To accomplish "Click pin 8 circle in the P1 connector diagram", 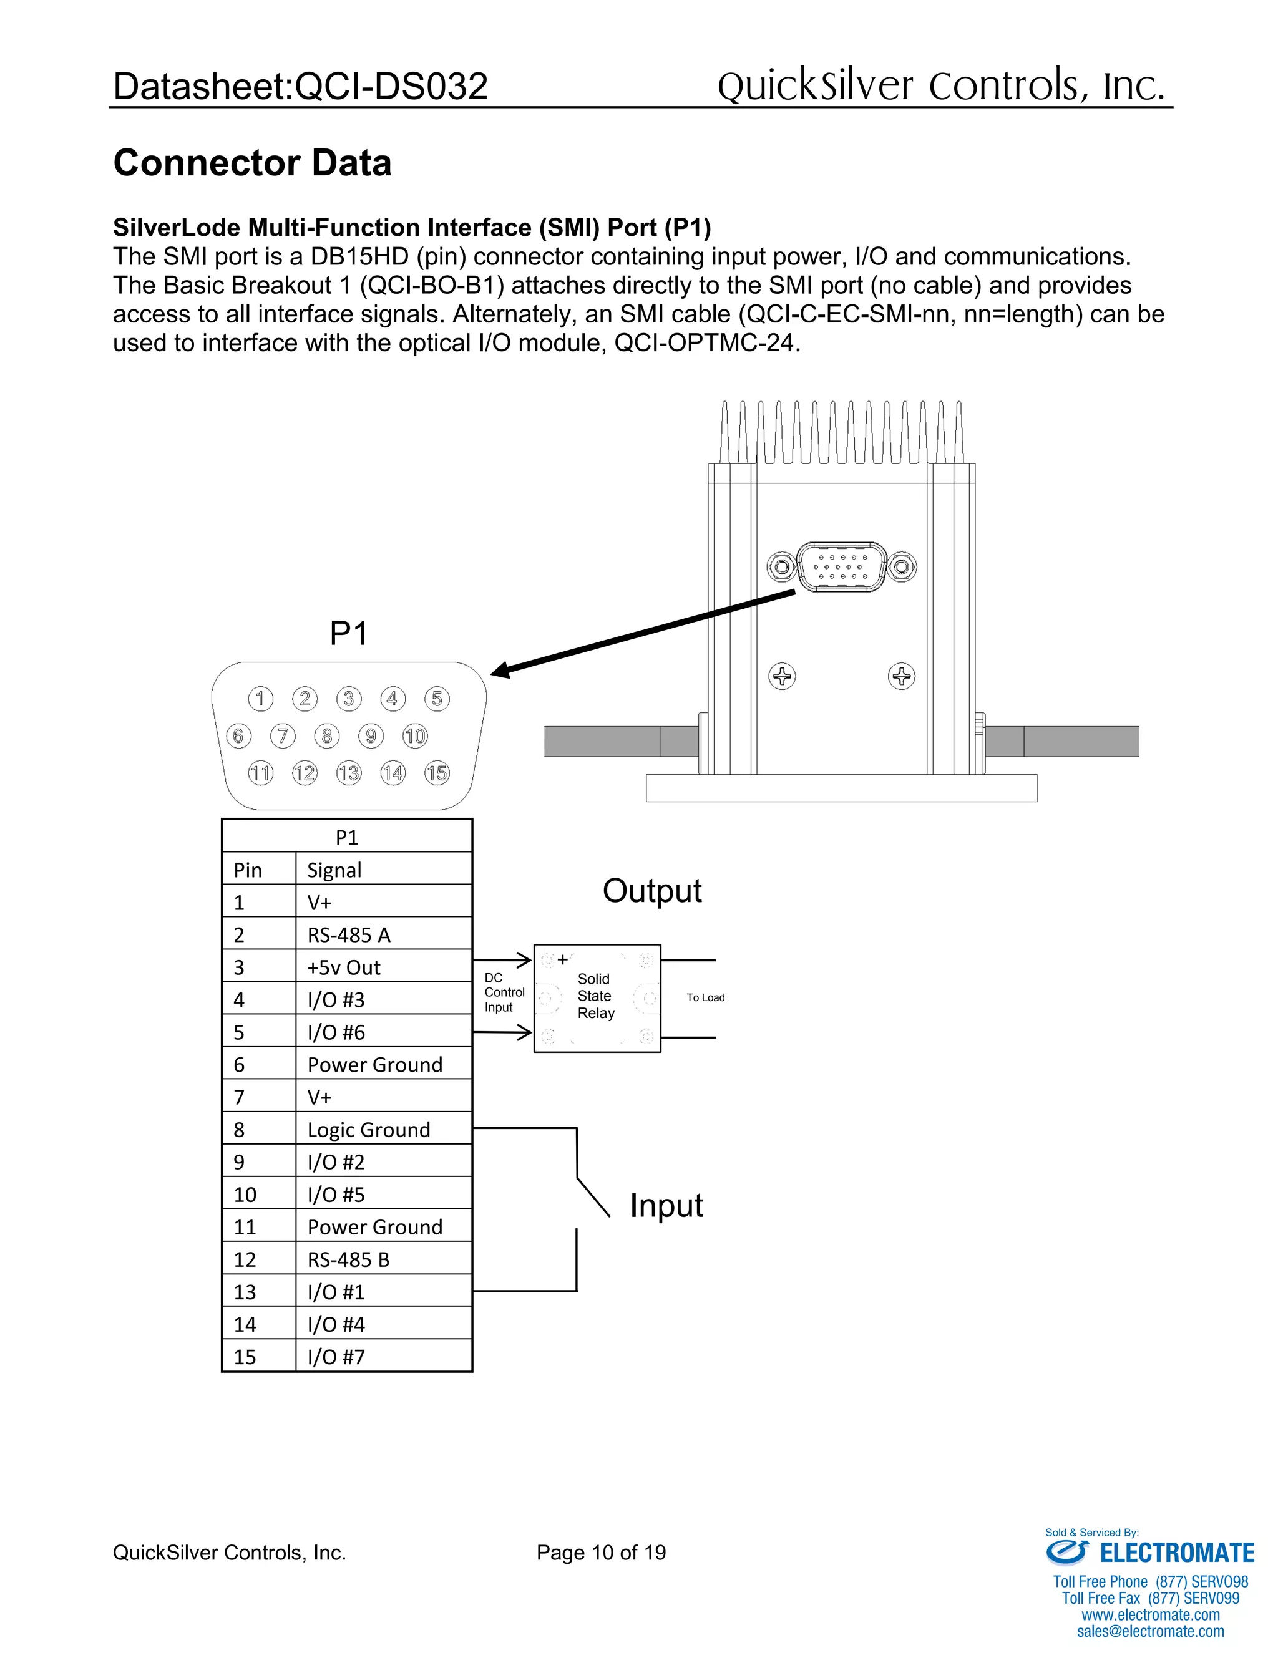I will [326, 735].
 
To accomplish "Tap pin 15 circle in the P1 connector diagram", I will [437, 773].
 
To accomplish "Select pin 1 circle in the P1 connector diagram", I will [260, 698].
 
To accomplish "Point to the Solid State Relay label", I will [595, 996].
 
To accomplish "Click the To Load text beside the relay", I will [705, 997].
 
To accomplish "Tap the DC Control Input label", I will [504, 992].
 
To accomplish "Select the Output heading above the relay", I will [652, 891].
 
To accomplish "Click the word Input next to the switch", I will [666, 1206].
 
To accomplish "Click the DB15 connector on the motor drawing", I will [841, 566].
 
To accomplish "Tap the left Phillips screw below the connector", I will [782, 676].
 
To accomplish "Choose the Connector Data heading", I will [252, 163].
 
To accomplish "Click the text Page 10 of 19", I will [601, 1553].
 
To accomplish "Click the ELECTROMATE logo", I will [1150, 1553].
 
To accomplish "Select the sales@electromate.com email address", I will [1150, 1631].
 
